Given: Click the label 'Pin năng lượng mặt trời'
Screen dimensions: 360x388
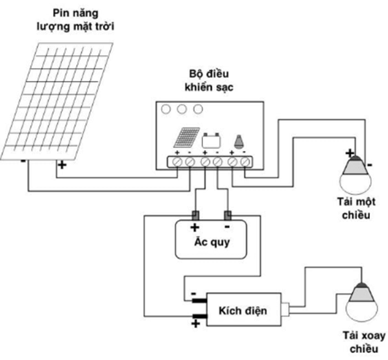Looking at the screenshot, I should (x=78, y=19).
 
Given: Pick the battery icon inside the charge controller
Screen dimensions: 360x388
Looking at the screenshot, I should (x=211, y=139).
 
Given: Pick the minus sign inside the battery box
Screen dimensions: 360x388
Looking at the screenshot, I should (x=228, y=227).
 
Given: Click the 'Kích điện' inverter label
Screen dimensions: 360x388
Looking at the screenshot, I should (x=242, y=311).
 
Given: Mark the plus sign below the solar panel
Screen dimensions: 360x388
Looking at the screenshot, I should (x=63, y=164).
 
